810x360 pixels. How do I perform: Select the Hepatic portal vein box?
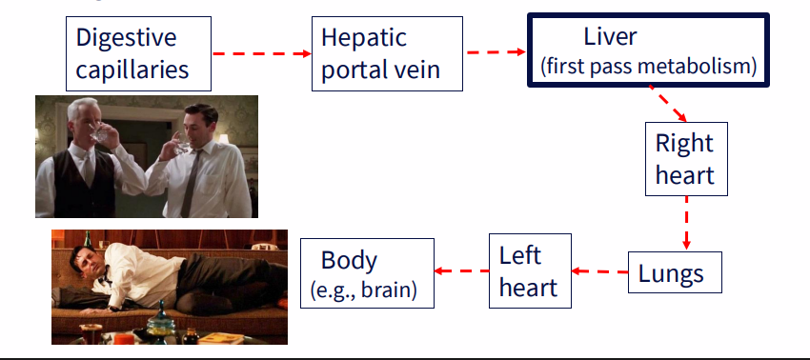click(x=386, y=53)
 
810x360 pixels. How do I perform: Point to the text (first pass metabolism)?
click(x=648, y=67)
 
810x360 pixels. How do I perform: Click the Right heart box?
click(x=684, y=159)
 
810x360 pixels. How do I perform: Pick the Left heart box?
click(x=529, y=270)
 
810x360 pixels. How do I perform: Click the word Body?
click(x=349, y=260)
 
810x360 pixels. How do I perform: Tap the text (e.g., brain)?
click(x=364, y=290)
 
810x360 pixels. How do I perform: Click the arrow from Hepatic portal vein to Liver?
click(x=496, y=52)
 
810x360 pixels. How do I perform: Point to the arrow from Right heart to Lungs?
click(x=685, y=224)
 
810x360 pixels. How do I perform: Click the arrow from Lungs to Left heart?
click(x=599, y=271)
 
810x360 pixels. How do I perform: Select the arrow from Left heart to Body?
click(x=462, y=270)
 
